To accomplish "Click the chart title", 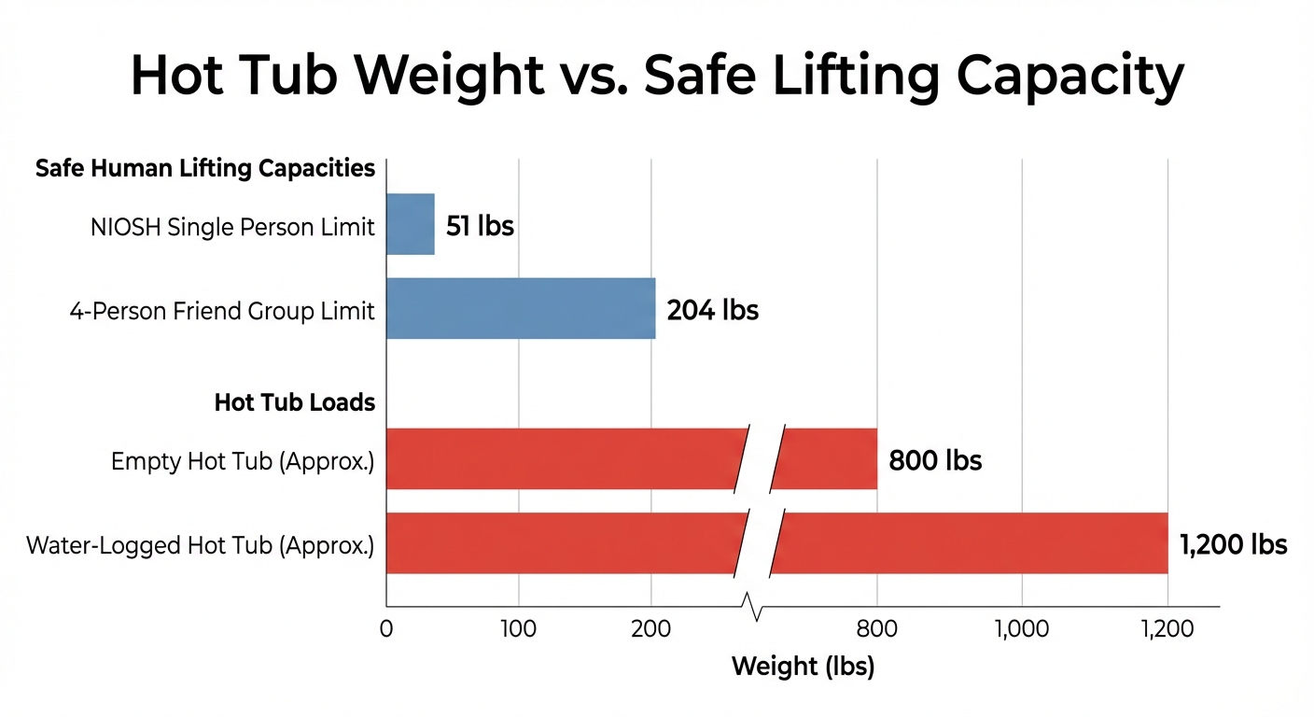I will click(657, 76).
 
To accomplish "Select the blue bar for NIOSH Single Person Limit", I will click(411, 224).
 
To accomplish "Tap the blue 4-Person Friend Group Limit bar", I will click(521, 308).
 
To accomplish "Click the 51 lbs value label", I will click(480, 226).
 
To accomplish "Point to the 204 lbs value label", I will click(712, 310).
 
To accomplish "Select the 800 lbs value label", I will click(935, 460).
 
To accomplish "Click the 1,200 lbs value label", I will click(1233, 544).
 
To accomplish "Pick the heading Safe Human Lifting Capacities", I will click(205, 169).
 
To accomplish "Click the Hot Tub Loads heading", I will click(295, 402).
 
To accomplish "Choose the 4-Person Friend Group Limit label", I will click(222, 311).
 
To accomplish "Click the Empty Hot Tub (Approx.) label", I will click(243, 461).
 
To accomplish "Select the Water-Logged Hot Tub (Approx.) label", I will click(201, 545).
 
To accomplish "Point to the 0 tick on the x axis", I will click(386, 629).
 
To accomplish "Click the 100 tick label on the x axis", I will click(518, 629).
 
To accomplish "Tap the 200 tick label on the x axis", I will click(650, 629).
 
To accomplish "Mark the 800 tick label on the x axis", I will click(876, 629).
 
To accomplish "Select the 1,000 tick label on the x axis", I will click(1022, 629).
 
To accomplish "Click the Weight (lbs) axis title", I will click(803, 667).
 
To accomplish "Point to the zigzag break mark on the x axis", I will click(757, 608).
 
